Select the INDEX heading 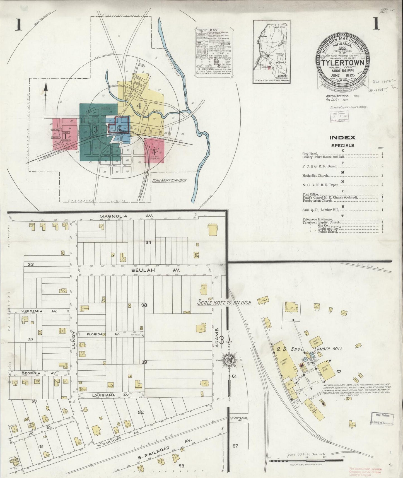coord(342,137)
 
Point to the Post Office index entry coord(310,194)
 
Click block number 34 coord(148,242)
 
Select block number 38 coord(144,305)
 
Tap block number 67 coord(235,446)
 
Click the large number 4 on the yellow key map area coord(139,106)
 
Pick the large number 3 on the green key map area coord(96,129)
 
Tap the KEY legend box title coord(214,30)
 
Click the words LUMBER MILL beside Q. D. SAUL coord(328,349)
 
